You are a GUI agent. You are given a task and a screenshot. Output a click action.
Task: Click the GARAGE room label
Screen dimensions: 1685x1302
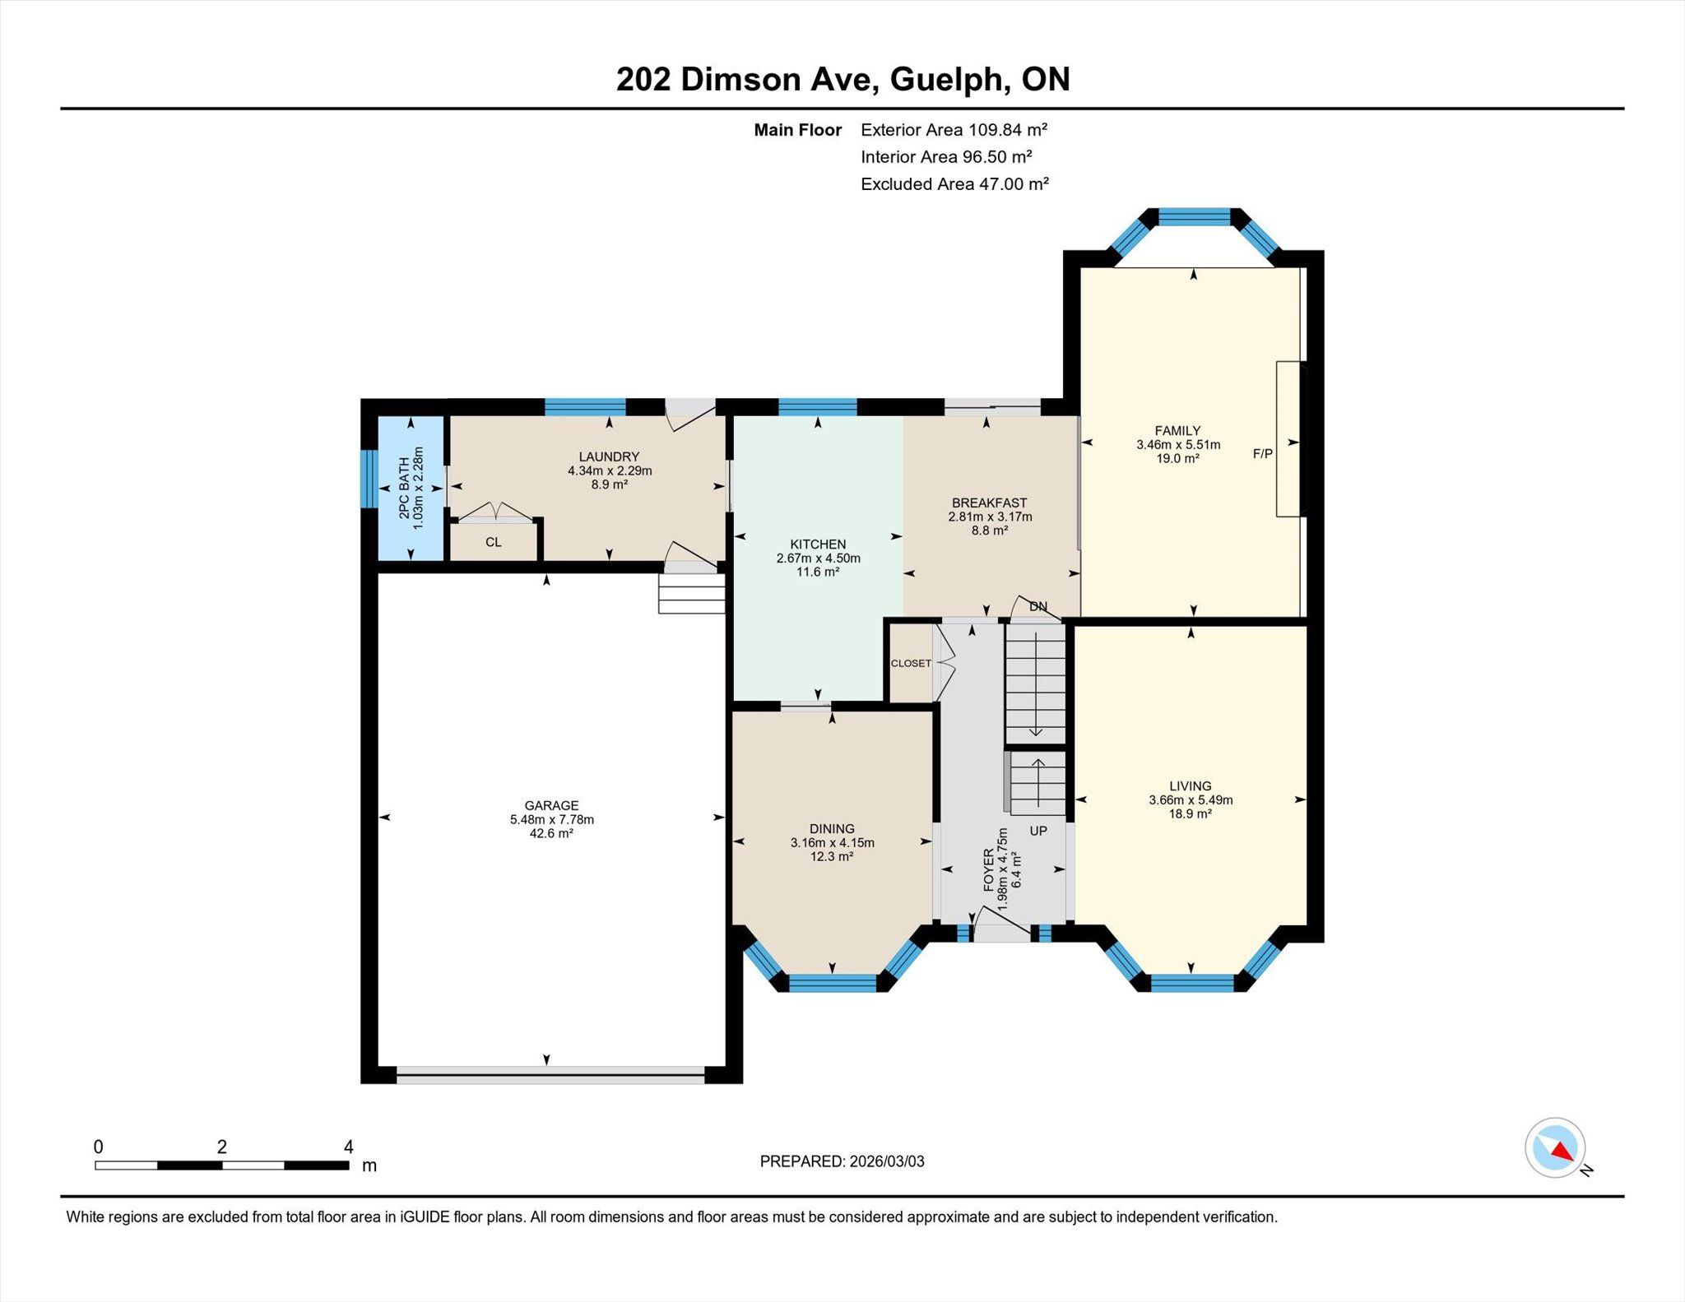551,805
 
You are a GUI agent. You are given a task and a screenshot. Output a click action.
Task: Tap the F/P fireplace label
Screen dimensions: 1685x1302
1262,453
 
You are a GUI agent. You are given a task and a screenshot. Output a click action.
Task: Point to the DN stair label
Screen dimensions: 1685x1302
1038,606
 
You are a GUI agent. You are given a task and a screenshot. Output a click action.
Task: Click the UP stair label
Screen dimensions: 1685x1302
1038,831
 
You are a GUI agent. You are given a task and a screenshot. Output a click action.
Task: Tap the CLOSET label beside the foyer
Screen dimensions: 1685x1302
911,663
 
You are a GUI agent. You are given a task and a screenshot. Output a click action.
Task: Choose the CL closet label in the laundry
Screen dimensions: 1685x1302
494,542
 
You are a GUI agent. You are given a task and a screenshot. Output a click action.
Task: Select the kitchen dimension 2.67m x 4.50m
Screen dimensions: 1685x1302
818,558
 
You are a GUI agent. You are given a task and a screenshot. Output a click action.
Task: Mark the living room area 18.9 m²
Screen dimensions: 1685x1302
1190,813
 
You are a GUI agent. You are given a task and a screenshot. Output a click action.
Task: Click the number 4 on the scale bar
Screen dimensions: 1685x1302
348,1147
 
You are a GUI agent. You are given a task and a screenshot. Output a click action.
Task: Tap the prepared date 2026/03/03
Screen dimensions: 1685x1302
887,1161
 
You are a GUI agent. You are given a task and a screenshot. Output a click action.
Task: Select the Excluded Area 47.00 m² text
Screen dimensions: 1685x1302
954,184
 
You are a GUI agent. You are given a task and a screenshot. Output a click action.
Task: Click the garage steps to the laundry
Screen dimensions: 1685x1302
691,593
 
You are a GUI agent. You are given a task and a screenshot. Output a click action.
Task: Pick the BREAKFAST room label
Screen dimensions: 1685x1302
989,503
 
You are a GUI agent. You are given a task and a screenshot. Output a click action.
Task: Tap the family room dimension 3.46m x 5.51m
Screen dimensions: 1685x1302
1178,444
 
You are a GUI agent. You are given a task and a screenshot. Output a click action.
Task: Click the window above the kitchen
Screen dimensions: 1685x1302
818,406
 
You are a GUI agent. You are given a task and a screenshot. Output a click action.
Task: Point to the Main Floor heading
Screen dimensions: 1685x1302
798,130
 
